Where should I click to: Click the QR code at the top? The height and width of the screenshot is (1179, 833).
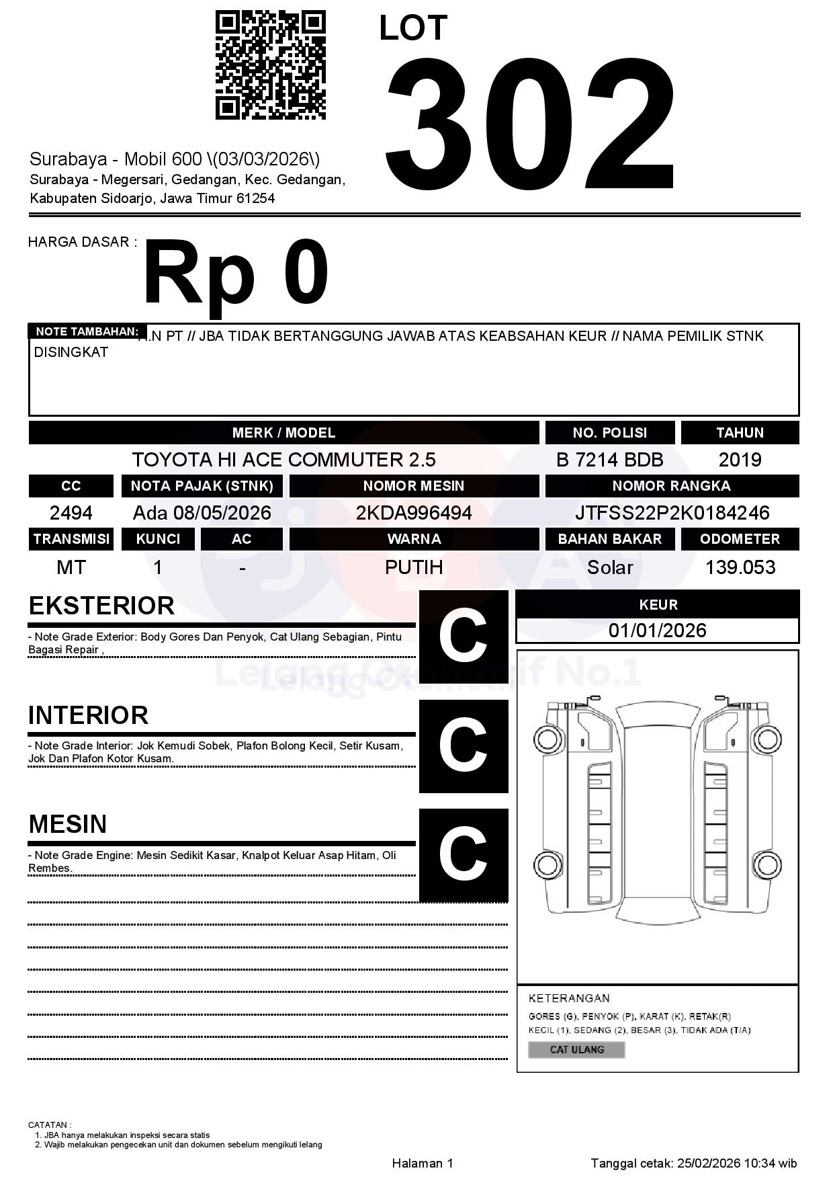pos(270,65)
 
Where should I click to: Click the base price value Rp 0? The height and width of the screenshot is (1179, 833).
pos(236,274)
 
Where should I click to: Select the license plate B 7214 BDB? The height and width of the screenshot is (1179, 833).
pos(609,460)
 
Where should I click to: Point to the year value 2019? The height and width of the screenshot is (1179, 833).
pos(740,460)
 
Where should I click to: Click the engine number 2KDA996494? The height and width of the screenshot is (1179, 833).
pos(414,513)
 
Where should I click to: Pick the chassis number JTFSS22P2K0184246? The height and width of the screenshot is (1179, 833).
pos(672,513)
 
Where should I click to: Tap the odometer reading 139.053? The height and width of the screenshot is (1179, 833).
pos(740,567)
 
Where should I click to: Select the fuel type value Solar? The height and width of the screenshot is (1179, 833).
pos(609,567)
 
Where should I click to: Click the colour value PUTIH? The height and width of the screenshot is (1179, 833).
pos(414,567)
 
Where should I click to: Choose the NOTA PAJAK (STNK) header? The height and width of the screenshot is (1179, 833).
pos(202,486)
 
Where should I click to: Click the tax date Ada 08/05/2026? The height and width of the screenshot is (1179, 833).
pos(202,513)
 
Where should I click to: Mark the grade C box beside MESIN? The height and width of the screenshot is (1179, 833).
pos(464,854)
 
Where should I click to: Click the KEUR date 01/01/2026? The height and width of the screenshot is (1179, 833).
pos(657,631)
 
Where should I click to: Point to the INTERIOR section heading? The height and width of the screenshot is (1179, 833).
pos(88,715)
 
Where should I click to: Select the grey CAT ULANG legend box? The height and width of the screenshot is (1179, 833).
pos(576,1049)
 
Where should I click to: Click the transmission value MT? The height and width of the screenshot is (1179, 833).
pos(71,567)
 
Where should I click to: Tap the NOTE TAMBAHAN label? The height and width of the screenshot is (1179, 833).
pos(87,331)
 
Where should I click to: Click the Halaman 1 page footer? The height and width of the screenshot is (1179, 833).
pos(423,1163)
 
